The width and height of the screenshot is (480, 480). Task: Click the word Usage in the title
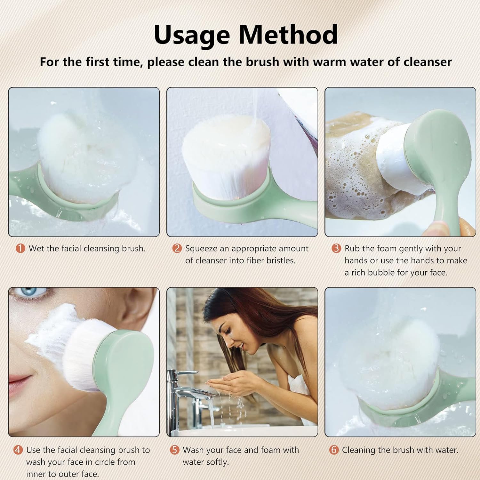192,35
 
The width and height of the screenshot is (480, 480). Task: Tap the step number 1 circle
20,248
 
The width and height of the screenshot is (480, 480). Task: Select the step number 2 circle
177,248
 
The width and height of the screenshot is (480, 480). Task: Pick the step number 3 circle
336,248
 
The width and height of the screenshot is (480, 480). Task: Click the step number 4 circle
18,450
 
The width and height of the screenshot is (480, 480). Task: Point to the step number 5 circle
174,450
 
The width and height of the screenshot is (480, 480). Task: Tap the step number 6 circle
334,450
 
